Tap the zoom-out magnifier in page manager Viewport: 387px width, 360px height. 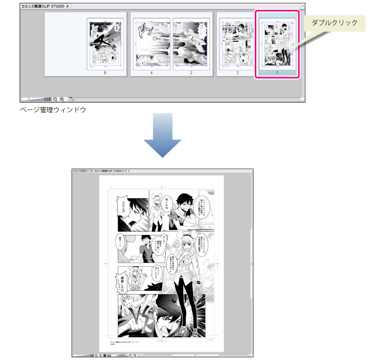[x=55, y=99]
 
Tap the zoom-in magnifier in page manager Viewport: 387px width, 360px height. [x=62, y=99]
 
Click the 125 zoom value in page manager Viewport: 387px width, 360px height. [x=47, y=99]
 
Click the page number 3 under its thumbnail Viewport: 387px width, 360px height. [x=191, y=73]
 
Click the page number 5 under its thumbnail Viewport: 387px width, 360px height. [x=105, y=73]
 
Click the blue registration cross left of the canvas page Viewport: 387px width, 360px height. [x=107, y=263]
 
